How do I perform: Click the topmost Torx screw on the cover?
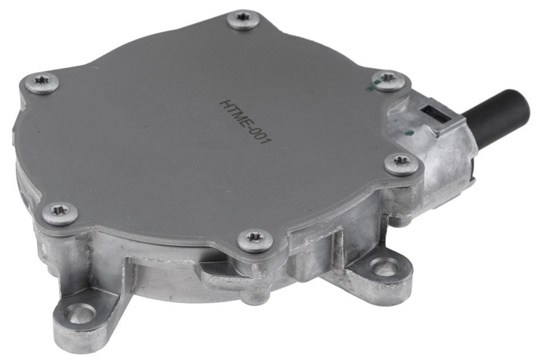(244, 20)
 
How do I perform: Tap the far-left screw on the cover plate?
(42, 83)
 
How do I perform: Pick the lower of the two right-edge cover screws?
(401, 164)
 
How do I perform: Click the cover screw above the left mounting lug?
(60, 214)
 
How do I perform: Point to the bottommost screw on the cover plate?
(255, 240)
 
